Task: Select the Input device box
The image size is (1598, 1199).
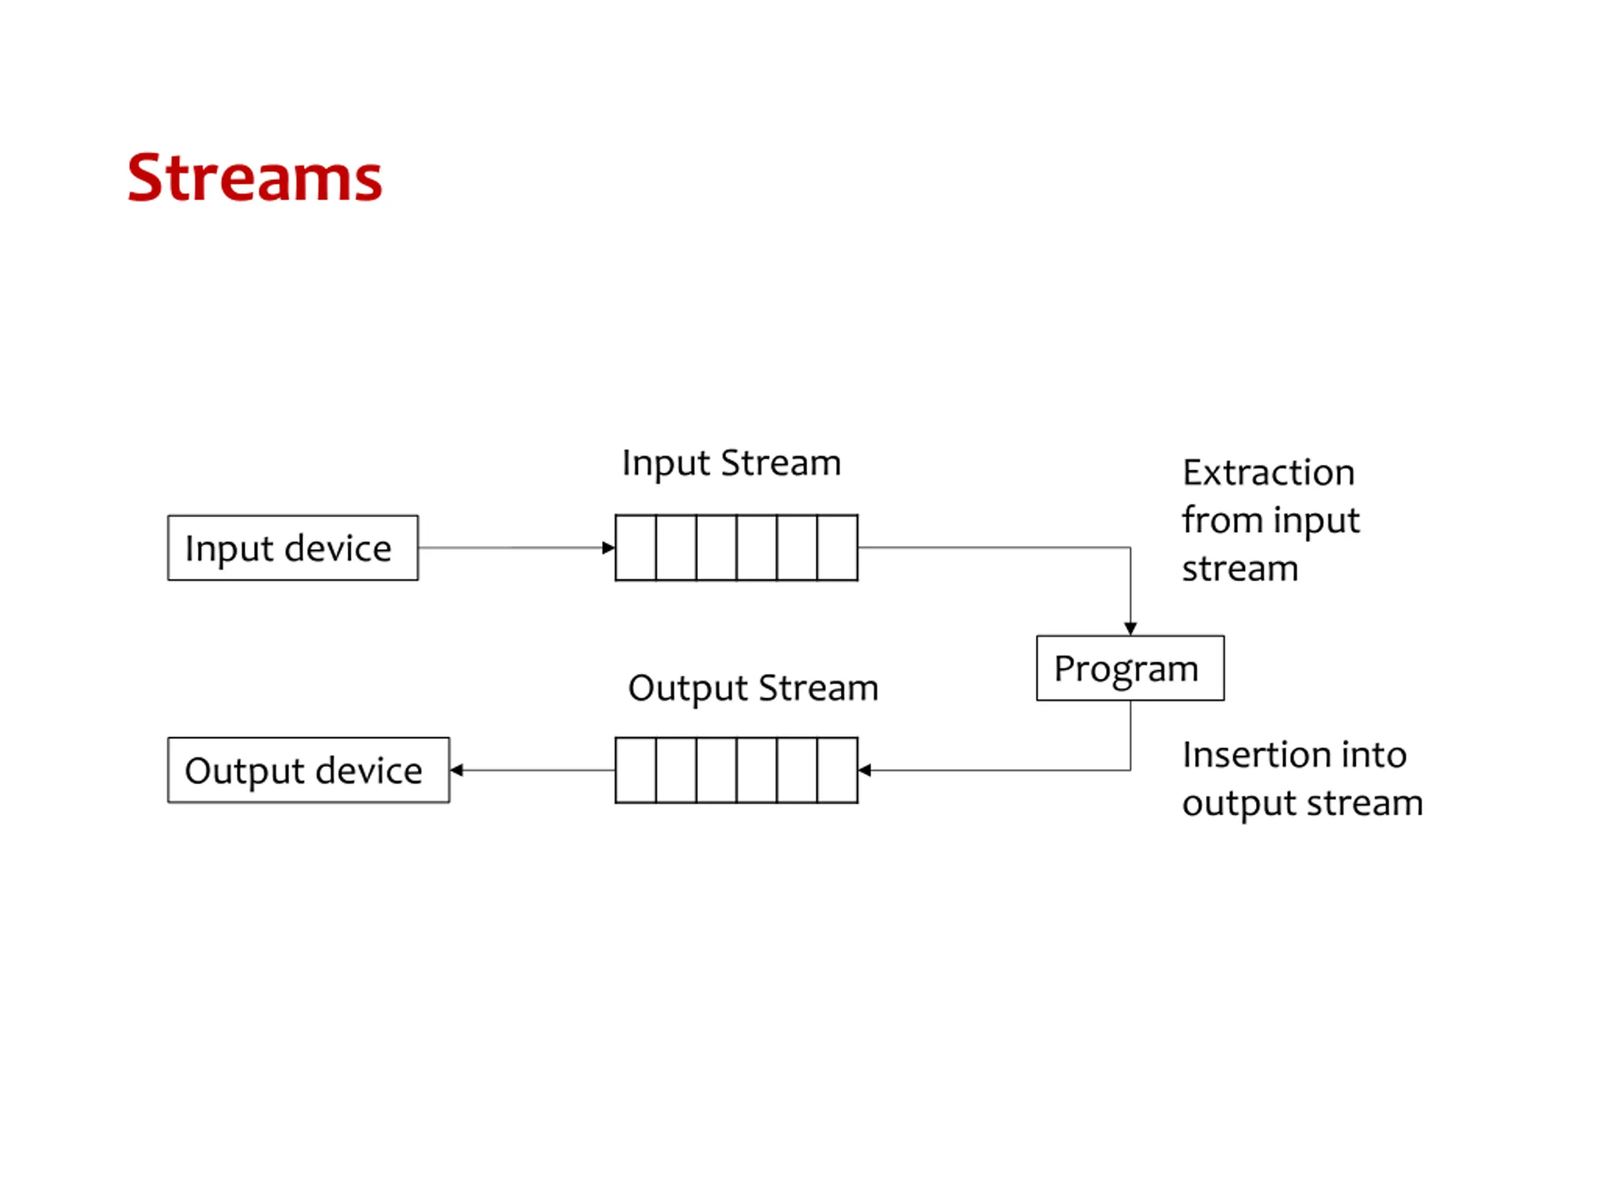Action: pos(293,548)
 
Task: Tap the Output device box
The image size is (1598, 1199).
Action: pos(308,770)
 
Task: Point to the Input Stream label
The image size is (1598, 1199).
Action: pos(731,463)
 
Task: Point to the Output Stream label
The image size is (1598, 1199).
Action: pos(753,688)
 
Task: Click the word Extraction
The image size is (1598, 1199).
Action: pos(1268,473)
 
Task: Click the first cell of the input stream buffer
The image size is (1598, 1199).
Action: pos(635,548)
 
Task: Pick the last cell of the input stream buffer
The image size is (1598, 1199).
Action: pos(838,548)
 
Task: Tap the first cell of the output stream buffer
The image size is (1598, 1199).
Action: pos(635,770)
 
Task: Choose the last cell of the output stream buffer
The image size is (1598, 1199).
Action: pos(838,770)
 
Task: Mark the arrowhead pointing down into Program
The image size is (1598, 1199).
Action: pos(1130,629)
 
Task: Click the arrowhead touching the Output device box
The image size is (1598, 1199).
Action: pos(456,770)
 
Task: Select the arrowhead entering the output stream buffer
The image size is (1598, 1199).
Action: pos(865,770)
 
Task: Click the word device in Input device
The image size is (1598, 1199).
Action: pos(338,548)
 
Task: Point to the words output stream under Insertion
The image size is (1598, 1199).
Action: pos(1303,804)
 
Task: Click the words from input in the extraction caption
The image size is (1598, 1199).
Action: pos(1271,520)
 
